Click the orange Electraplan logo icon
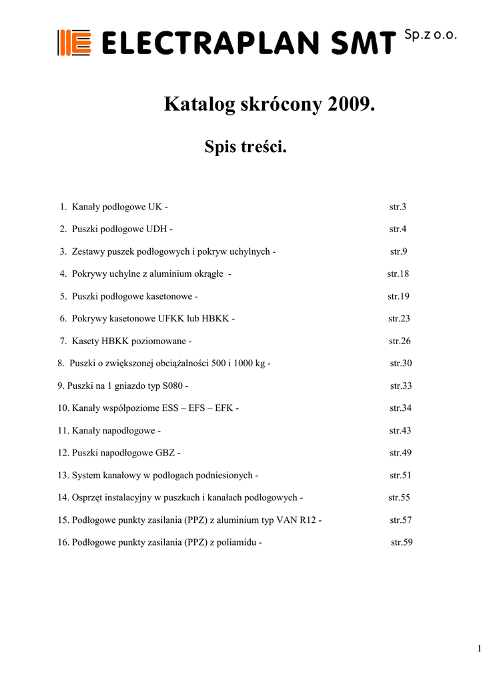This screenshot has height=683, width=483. click(74, 43)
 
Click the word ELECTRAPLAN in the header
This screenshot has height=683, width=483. click(213, 44)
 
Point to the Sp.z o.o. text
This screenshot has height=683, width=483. click(430, 35)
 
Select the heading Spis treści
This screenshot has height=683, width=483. click(246, 146)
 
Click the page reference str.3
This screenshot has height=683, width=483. click(398, 207)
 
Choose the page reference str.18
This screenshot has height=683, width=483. click(398, 274)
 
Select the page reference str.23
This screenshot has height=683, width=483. click(399, 319)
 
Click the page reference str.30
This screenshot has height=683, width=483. click(401, 364)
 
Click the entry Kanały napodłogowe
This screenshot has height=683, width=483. click(113, 430)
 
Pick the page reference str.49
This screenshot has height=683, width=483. click(400, 453)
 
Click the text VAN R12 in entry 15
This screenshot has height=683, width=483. click(297, 520)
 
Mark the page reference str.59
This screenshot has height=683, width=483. click(402, 542)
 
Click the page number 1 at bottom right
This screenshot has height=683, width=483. click(479, 649)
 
